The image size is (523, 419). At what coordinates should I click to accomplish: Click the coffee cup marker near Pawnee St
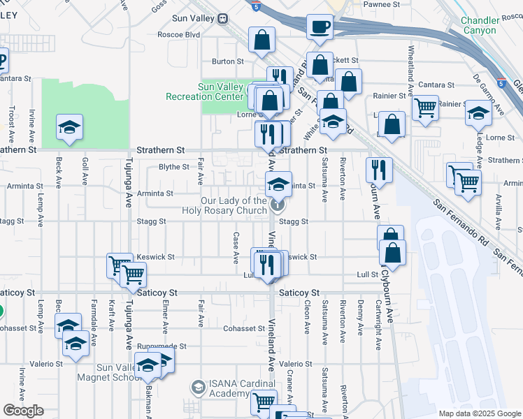320,27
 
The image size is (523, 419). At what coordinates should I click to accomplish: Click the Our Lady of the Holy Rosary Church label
234,205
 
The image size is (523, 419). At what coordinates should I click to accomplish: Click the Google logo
23,411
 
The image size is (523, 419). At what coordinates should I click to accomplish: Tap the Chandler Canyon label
489,26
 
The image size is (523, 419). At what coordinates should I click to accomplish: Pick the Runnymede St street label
162,346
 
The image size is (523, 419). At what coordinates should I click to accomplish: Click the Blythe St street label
174,167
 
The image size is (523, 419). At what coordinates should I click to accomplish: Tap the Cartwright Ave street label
378,325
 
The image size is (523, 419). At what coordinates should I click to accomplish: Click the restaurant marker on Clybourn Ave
378,170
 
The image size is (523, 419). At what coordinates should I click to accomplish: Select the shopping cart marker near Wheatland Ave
425,108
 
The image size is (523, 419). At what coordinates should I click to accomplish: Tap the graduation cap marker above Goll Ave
69,127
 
